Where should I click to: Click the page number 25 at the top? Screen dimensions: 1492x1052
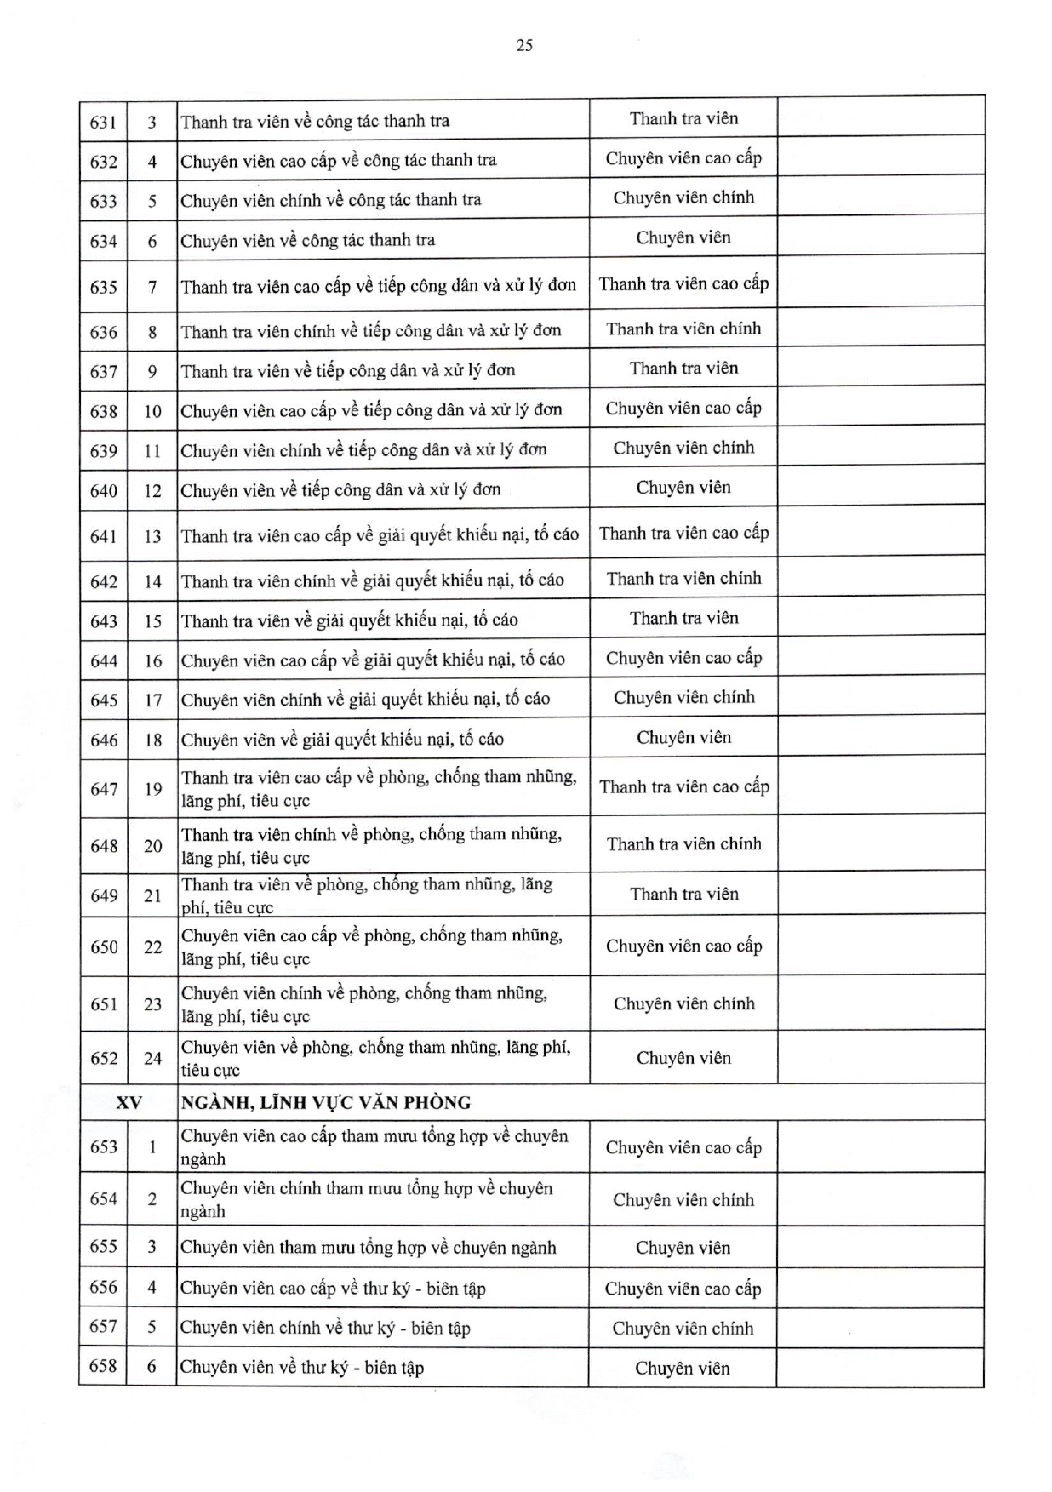pos(524,46)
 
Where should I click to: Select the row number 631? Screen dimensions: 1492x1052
pos(103,122)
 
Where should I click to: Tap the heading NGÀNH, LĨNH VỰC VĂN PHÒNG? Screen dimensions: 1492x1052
pos(325,1103)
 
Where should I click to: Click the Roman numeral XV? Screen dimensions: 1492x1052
pos(129,1103)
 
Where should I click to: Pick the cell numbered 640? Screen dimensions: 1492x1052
pos(103,491)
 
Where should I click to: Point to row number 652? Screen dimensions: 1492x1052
pos(103,1058)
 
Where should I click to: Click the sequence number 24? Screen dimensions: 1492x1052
pos(152,1058)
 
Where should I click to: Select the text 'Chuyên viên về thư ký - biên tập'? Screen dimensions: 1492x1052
pos(302,1368)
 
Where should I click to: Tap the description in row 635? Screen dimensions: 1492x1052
pos(378,286)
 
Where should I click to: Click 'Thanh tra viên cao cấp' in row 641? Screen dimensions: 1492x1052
pos(683,534)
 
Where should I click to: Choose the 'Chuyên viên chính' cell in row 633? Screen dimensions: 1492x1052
pos(683,198)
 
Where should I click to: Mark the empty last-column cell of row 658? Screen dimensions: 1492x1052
pos(880,1368)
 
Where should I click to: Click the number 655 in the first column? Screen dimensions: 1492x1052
pos(103,1247)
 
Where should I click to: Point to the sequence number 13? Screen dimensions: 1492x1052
pos(152,536)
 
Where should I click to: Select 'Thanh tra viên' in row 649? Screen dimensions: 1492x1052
pos(683,895)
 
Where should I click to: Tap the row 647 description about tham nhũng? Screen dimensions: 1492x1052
pos(378,789)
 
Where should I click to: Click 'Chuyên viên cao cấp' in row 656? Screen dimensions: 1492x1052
pos(683,1289)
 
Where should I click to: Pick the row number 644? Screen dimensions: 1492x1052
pos(103,661)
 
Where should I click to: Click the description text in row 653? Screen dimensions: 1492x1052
pos(374,1147)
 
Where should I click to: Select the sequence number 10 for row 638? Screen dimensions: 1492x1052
pos(152,412)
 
